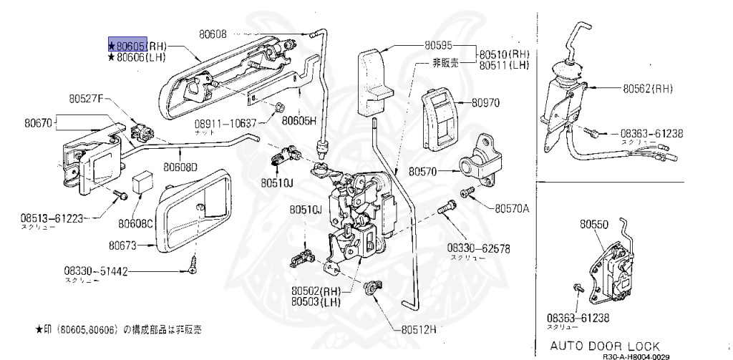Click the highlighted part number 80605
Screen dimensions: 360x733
127,44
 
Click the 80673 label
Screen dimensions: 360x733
122,245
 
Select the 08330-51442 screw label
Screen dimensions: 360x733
95,271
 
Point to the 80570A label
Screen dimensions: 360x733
511,208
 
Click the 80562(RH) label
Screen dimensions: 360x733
647,89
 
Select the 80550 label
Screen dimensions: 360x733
593,224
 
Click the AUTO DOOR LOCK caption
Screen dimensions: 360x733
605,346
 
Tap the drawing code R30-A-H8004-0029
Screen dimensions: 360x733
635,356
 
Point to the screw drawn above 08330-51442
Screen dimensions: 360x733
194,263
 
